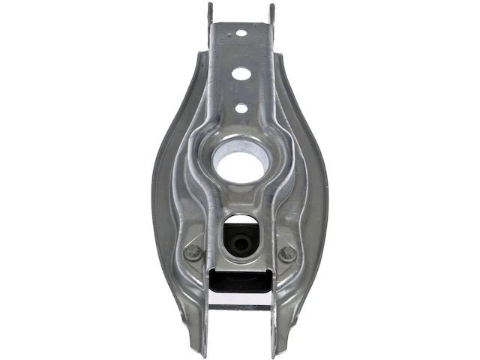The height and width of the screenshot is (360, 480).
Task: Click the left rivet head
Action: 193,253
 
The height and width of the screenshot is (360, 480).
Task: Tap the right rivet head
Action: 287,253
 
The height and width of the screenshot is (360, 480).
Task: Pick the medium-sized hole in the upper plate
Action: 241,74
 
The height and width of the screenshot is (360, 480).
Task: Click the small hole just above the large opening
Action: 241,108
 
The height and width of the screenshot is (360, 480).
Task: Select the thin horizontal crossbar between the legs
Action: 240,306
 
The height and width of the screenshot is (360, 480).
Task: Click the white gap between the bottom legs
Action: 240,330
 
